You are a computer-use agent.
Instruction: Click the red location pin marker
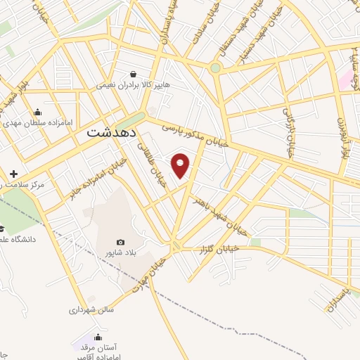[x=181, y=165]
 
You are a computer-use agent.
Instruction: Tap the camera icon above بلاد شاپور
[x=120, y=243]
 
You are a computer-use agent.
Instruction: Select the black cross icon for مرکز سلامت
[x=13, y=174]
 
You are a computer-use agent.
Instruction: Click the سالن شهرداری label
[x=91, y=309]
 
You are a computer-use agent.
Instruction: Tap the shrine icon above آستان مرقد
[x=98, y=337]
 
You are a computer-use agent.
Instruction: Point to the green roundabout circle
[x=214, y=68]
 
